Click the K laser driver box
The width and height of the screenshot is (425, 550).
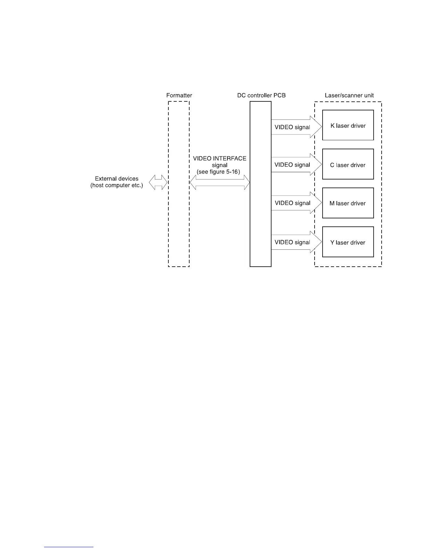(348, 125)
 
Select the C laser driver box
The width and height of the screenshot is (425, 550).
(348, 164)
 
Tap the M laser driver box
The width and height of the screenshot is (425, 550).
(348, 203)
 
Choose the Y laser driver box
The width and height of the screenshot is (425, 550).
(348, 242)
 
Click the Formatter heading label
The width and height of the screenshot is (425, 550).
(179, 95)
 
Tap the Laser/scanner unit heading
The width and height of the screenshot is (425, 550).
(349, 95)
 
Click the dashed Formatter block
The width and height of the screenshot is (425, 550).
(179, 215)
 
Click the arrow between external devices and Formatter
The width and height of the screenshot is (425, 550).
(158, 182)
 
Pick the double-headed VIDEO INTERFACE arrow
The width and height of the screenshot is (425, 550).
(219, 182)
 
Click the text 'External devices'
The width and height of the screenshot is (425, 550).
(116, 179)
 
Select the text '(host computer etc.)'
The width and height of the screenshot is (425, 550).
(116, 185)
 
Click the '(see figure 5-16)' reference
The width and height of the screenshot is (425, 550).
(218, 172)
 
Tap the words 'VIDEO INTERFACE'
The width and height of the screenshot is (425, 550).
(219, 158)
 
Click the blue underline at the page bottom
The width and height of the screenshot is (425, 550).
(69, 547)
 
